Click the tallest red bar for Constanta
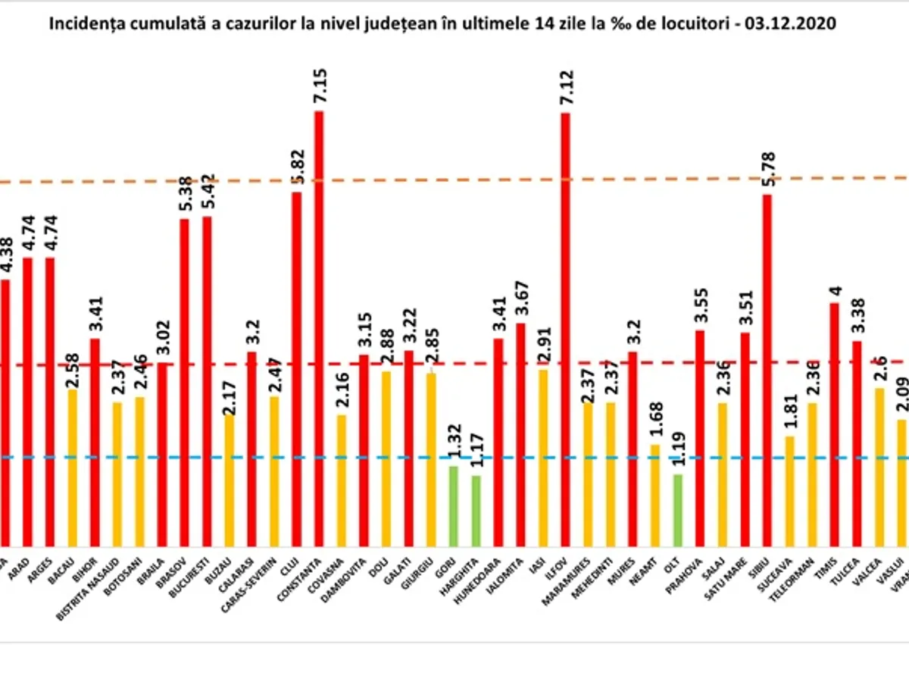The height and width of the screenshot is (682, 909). click(319, 326)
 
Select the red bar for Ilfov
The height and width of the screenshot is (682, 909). click(565, 326)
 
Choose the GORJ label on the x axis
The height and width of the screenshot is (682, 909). click(448, 564)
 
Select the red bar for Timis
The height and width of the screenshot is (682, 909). click(834, 424)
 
